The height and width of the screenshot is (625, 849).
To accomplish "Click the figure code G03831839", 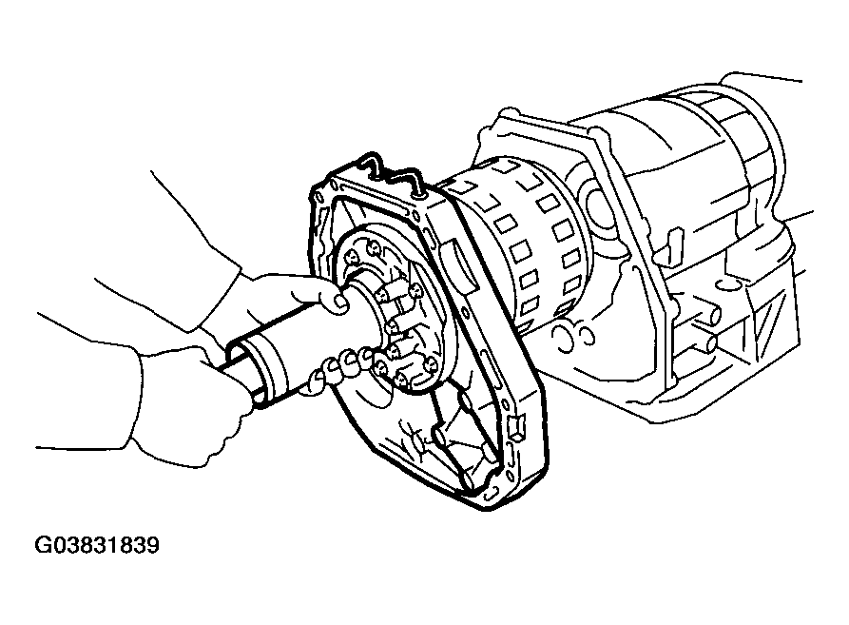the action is [x=97, y=545].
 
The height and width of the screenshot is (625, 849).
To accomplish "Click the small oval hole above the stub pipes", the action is [x=724, y=283].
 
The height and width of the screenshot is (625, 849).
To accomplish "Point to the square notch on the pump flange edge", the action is [x=513, y=427].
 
